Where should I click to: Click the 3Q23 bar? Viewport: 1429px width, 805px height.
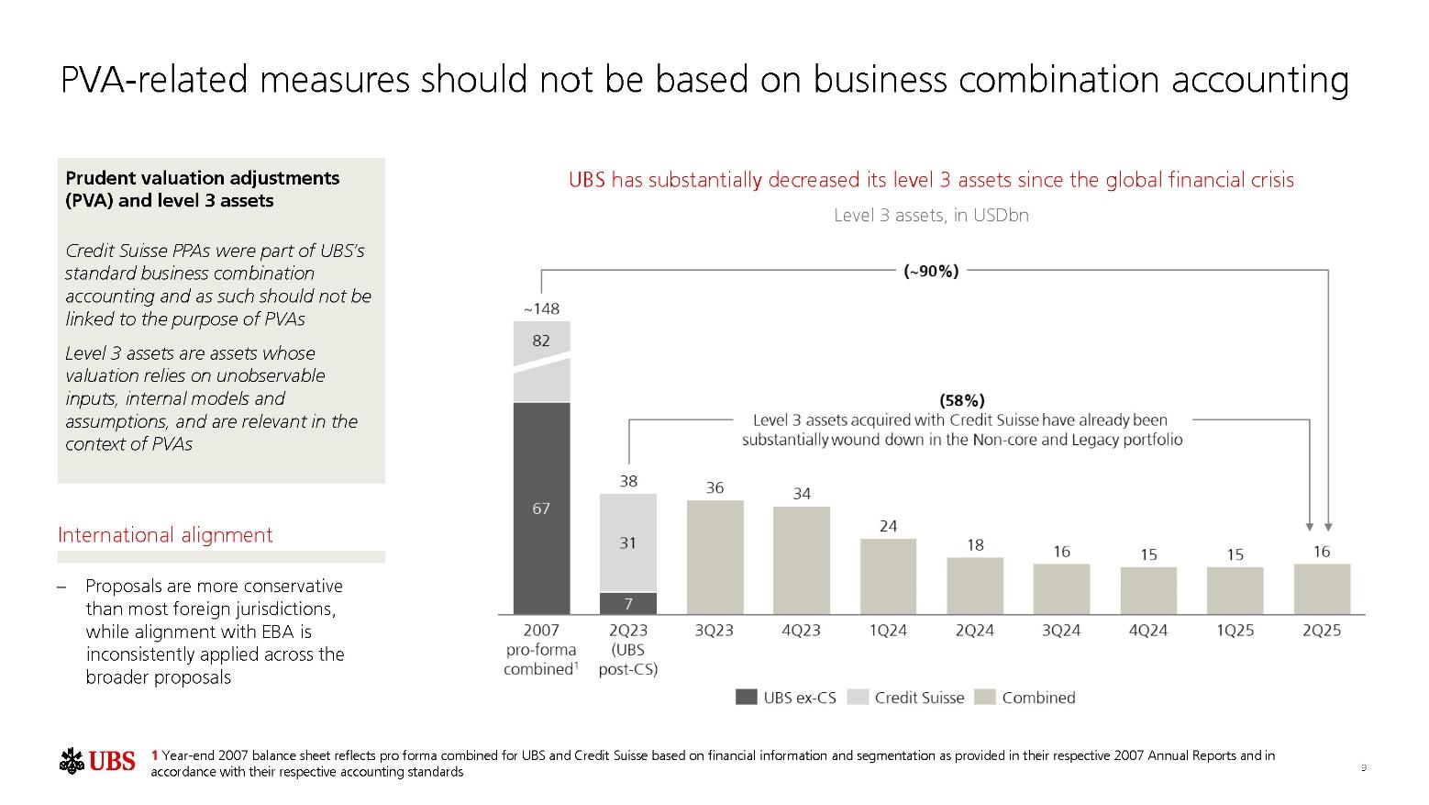[714, 557]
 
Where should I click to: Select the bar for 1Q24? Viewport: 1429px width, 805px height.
[888, 576]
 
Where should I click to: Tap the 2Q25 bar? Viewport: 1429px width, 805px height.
[1322, 588]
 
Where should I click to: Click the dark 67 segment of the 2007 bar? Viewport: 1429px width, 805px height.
[541, 508]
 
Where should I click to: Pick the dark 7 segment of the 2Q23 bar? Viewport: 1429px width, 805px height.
[628, 603]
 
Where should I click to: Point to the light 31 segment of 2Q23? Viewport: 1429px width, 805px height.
[628, 542]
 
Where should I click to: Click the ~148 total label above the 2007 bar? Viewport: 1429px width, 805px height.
[541, 308]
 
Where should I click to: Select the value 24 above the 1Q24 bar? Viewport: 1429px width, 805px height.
[888, 526]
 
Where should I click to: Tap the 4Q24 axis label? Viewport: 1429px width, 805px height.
[1148, 631]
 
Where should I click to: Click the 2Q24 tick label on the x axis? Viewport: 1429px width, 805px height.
[975, 631]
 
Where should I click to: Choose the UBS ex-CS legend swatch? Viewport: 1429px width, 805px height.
[747, 698]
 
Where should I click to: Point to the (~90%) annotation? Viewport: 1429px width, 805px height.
[931, 271]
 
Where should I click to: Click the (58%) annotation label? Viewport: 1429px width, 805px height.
[962, 400]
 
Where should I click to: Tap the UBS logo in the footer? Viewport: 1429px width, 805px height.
[98, 761]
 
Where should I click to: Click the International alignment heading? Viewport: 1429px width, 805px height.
[165, 535]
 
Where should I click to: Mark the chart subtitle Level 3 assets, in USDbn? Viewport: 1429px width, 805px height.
[931, 215]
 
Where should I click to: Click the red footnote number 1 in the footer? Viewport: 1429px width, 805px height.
[155, 755]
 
